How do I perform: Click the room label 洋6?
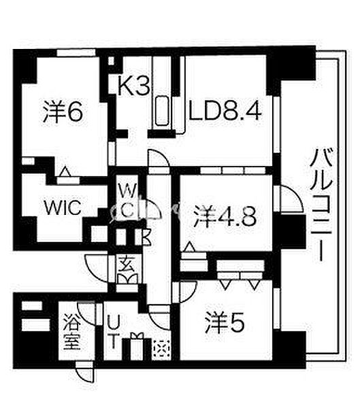(x=63, y=112)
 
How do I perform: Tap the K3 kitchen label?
(x=133, y=86)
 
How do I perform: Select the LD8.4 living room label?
(x=225, y=112)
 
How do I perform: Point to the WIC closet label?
(x=63, y=207)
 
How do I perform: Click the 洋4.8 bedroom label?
(x=225, y=217)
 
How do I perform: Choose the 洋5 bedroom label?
(x=224, y=323)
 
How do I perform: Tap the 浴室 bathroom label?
(x=71, y=332)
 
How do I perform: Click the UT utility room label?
(x=114, y=331)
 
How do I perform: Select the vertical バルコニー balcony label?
(x=321, y=205)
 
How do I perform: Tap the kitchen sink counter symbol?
(x=162, y=111)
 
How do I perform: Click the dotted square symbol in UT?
(x=162, y=349)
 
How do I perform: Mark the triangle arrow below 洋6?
(x=65, y=172)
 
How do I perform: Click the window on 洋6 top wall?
(x=76, y=52)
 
